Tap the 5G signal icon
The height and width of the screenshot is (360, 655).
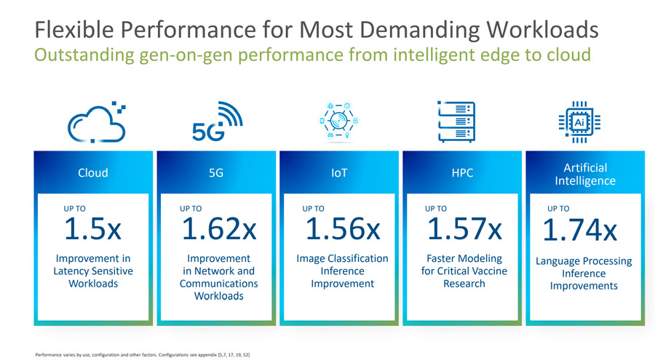[x=217, y=121]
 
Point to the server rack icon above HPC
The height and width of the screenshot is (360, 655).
[x=456, y=121]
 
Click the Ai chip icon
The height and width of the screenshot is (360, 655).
[x=579, y=122]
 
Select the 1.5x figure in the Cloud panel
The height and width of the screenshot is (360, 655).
[x=92, y=228]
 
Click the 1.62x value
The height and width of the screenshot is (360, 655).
[x=219, y=228]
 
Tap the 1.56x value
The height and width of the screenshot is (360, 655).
[x=343, y=228]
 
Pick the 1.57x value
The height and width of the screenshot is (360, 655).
[x=464, y=228]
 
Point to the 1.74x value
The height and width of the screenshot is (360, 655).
[x=580, y=229]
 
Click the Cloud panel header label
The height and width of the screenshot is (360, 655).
[x=92, y=172]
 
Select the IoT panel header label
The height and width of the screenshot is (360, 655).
[x=338, y=172]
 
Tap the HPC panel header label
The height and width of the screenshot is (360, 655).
[x=462, y=172]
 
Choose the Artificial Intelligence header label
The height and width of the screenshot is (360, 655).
[x=585, y=174]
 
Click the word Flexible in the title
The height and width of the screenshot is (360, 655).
[x=74, y=30]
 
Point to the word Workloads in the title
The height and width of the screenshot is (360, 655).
[x=542, y=30]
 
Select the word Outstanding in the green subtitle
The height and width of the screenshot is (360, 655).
[x=84, y=55]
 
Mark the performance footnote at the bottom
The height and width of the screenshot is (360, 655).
[x=143, y=355]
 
